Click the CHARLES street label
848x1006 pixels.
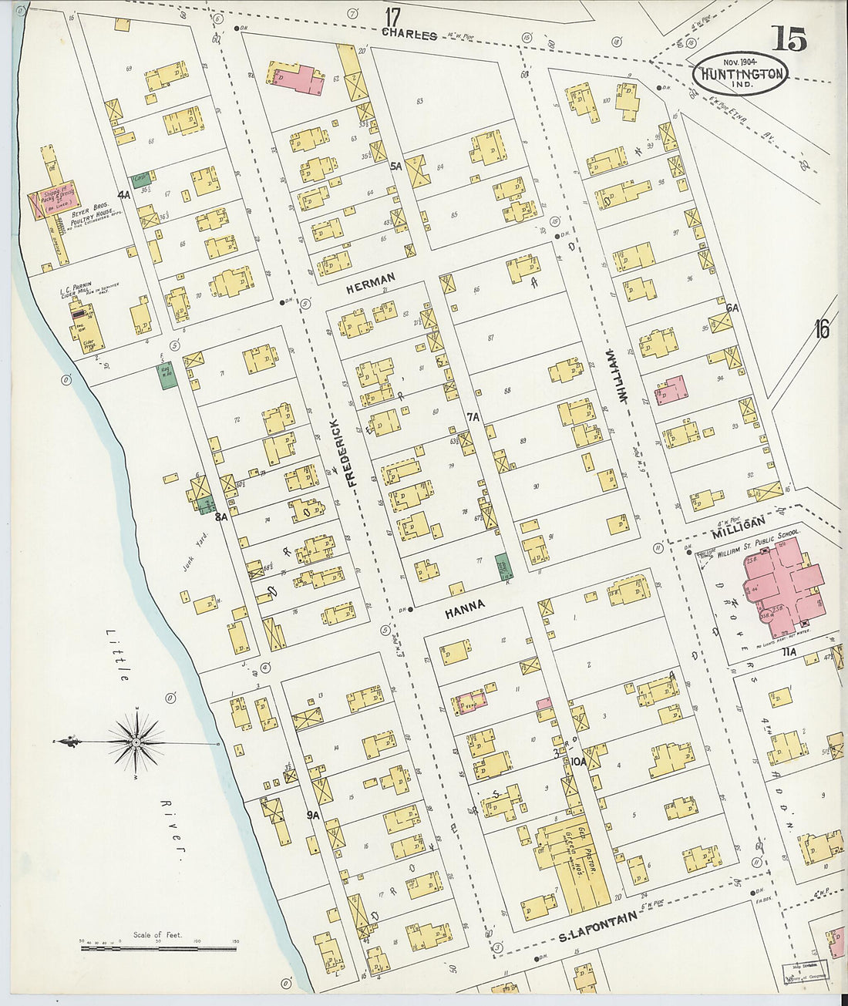pos(409,35)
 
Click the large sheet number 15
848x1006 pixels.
pos(788,38)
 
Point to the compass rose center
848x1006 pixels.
pos(136,742)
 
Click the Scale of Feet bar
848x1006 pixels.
pos(159,945)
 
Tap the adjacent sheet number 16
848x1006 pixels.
pos(821,330)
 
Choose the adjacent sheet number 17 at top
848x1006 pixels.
pos(393,16)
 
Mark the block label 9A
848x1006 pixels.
pos(312,815)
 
